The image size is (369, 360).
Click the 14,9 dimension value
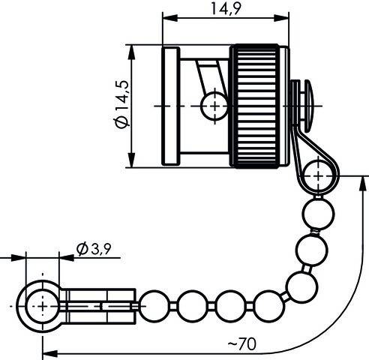click(x=226, y=10)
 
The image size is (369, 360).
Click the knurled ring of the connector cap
click(x=259, y=106)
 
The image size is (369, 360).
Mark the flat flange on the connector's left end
click(x=171, y=106)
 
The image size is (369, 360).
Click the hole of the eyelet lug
click(x=42, y=306)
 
